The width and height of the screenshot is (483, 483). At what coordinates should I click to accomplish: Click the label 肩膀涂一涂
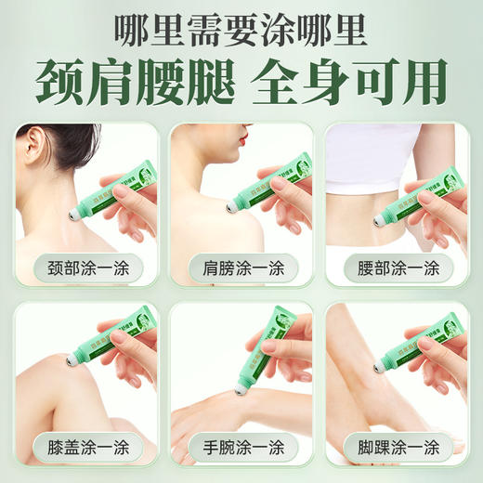click(241, 269)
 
